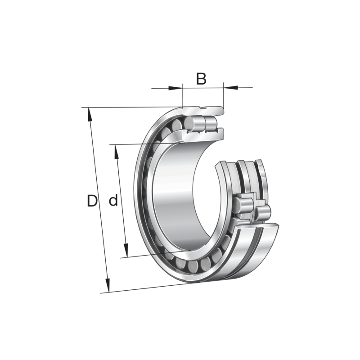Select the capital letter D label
click(x=92, y=201)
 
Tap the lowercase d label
click(x=113, y=201)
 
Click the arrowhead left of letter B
click(x=177, y=88)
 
